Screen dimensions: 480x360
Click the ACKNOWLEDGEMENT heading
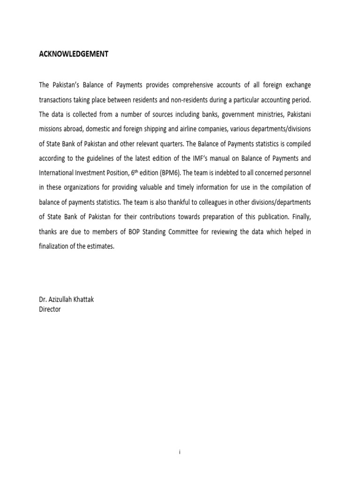74,54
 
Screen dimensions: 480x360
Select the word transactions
58,101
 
